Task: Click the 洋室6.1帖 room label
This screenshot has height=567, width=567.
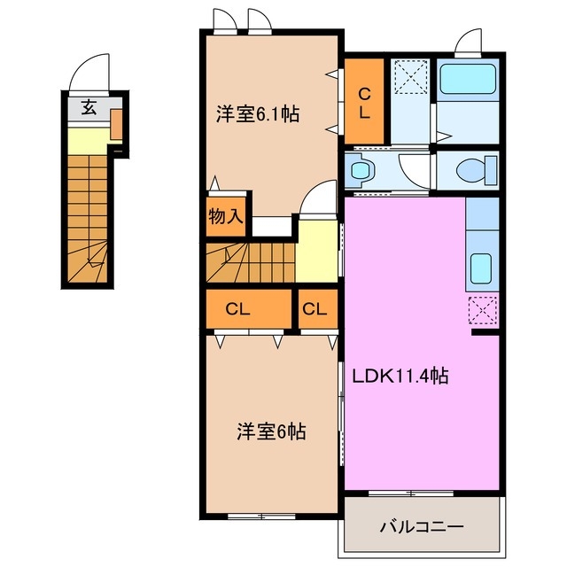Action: pos(258,114)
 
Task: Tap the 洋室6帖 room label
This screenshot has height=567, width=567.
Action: pos(271,432)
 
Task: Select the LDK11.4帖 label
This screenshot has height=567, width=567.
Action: pos(401,375)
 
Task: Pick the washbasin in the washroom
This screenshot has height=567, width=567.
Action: pos(361,168)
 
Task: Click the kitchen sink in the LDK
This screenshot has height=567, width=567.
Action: pos(481,266)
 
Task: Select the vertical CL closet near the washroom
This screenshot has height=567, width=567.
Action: pos(363,101)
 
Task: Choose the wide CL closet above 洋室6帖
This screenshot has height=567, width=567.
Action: pos(237,309)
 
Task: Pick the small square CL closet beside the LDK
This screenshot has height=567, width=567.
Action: pos(315,309)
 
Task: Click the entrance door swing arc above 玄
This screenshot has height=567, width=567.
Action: pos(89,73)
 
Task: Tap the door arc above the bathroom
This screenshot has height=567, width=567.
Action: pos(468,42)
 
